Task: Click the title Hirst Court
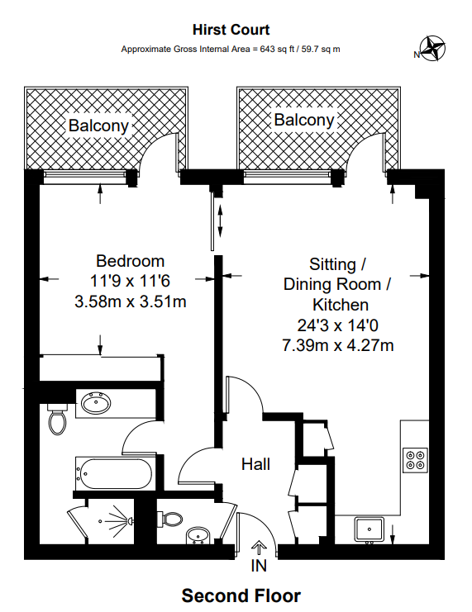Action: pos(231,31)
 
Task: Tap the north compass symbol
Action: pos(431,50)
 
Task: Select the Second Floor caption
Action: pos(241,595)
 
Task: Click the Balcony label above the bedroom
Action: pos(99,126)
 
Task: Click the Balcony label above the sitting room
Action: pos(304,121)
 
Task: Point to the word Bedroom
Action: pos(130,262)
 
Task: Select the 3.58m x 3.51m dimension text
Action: pos(130,301)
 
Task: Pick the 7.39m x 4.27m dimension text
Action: pos(337,344)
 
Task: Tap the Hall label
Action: pos(255,465)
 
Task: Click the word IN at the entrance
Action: pos(260,567)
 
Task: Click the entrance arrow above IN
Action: pos(259,547)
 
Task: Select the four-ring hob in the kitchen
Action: pos(414,459)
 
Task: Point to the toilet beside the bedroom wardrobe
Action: pos(57,418)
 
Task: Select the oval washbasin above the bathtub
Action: pos(97,405)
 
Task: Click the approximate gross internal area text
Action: pos(231,50)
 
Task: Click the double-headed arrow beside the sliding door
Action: pos(221,220)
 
